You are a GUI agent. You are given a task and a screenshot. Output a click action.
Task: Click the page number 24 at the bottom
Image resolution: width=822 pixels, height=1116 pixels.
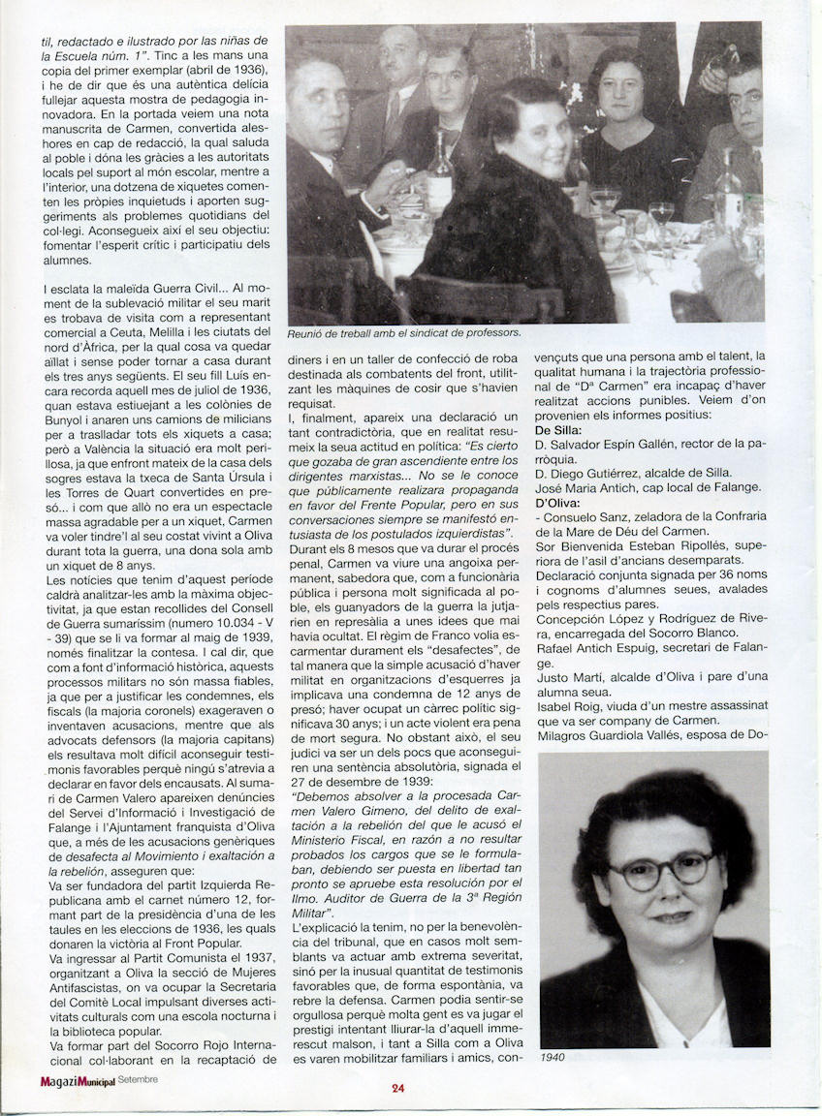[397, 1087]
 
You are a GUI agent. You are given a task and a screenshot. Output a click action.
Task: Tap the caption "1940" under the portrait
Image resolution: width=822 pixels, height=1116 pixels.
[553, 1057]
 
